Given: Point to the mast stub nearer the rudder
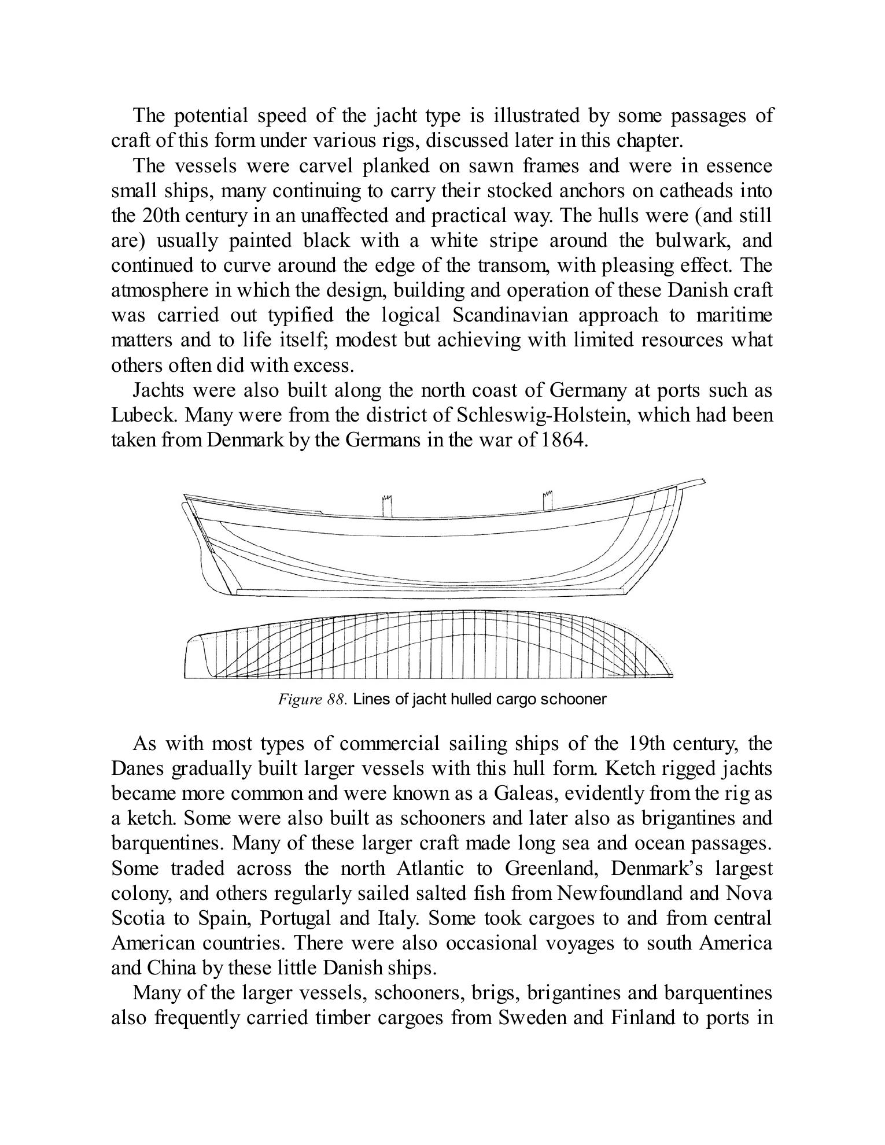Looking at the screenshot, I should pos(387,505).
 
